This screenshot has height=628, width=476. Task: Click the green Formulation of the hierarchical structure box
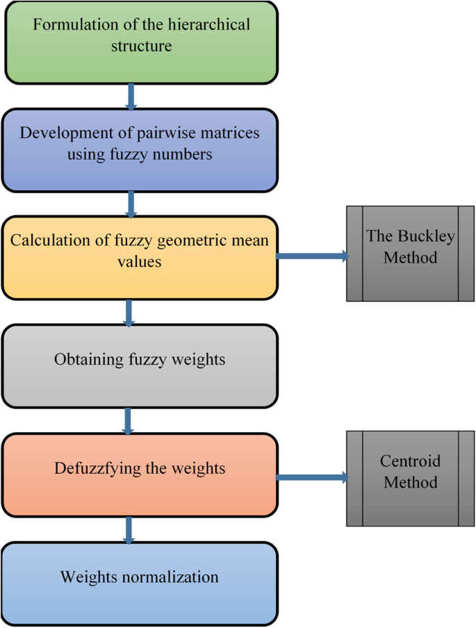tap(141, 42)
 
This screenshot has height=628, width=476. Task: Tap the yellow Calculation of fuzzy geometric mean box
tap(140, 257)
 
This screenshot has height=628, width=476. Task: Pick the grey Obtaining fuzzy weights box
tap(140, 366)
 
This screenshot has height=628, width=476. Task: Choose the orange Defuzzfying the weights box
tap(140, 474)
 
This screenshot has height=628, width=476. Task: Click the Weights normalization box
tap(140, 583)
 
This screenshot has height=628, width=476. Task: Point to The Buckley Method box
tap(410, 254)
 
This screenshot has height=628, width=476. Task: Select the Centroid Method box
tap(410, 478)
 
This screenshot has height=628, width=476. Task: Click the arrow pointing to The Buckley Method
tap(313, 256)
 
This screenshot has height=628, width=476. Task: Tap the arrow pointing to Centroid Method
tap(313, 477)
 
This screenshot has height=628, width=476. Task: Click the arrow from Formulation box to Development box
tap(131, 96)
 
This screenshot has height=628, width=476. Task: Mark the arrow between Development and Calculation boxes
tap(131, 204)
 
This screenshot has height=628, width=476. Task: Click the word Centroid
tap(410, 461)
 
